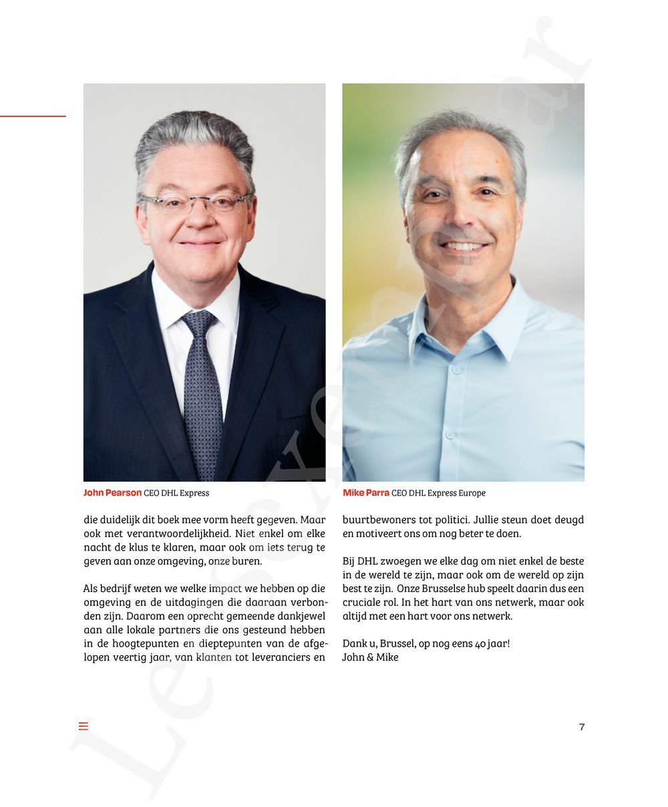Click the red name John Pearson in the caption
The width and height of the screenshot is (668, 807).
coord(112,493)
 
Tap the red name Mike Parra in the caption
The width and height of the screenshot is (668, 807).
coord(366,493)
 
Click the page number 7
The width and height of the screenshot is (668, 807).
coord(582,727)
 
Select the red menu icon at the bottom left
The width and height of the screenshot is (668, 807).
coord(83,726)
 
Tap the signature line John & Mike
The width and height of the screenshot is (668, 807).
coord(370,657)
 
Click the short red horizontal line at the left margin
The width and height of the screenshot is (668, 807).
coord(33,116)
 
